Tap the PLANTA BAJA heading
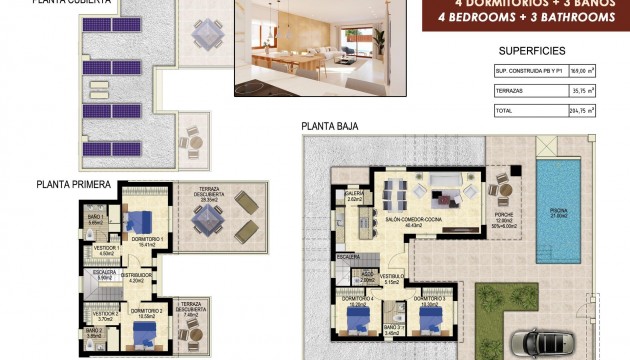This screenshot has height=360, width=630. (329, 127)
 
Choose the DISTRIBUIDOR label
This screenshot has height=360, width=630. (137, 275)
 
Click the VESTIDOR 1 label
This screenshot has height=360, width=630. (106, 248)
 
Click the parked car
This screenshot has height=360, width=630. (546, 342)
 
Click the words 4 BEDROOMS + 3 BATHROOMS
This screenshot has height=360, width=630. (525, 18)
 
